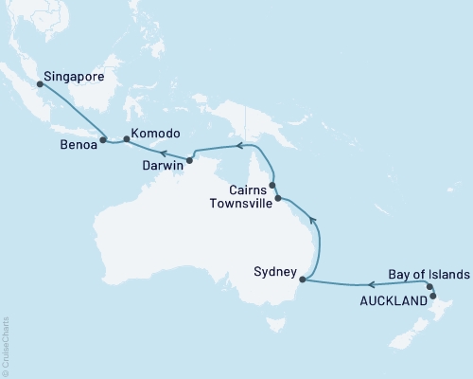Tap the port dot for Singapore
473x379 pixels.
(x=40, y=83)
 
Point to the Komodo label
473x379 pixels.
(x=156, y=135)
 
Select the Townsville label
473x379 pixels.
(x=240, y=203)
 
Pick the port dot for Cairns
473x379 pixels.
(x=272, y=186)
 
